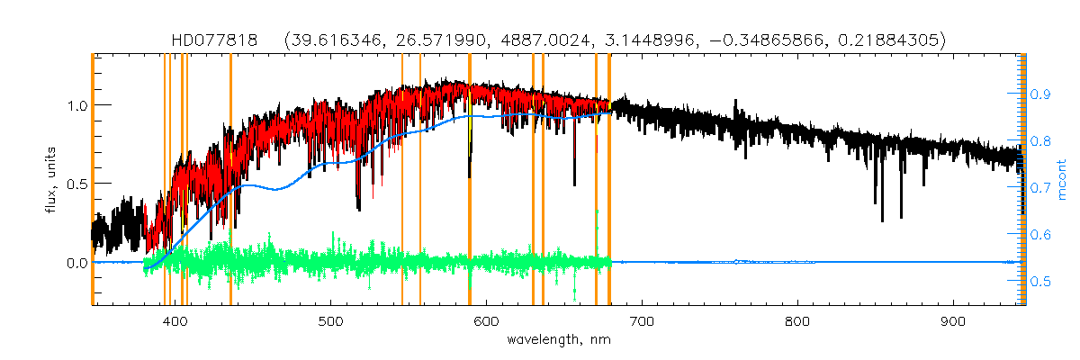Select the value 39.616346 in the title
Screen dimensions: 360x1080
[331, 40]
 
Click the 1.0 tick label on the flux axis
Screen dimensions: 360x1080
[76, 105]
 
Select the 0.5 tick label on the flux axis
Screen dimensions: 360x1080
[76, 184]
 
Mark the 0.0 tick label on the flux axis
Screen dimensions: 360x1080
[76, 263]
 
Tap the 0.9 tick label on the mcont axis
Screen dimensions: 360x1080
[1040, 94]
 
